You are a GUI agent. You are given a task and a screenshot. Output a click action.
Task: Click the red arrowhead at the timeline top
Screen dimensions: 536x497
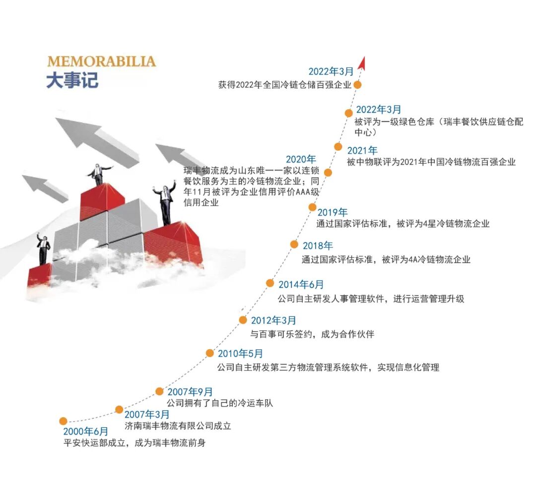pyautogui.click(x=362, y=62)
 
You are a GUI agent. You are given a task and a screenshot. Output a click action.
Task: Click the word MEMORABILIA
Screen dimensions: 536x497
pyautogui.click(x=101, y=62)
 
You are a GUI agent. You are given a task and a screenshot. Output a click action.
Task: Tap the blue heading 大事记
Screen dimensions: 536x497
pyautogui.click(x=72, y=80)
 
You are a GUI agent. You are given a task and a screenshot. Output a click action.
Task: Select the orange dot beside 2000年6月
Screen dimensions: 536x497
pyautogui.click(x=63, y=421)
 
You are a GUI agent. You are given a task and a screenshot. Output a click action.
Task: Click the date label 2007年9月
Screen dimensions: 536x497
pyautogui.click(x=190, y=392)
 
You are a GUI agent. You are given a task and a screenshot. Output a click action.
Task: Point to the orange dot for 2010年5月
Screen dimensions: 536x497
pyautogui.click(x=210, y=353)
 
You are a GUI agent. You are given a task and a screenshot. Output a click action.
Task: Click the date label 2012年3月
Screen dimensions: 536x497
pyautogui.click(x=273, y=320)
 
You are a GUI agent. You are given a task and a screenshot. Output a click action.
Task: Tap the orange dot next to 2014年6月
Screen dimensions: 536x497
pyautogui.click(x=270, y=283)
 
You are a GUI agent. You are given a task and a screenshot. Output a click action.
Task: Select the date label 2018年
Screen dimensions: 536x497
pyautogui.click(x=318, y=246)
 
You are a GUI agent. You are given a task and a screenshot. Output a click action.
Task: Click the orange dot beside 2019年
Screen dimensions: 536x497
pyautogui.click(x=312, y=207)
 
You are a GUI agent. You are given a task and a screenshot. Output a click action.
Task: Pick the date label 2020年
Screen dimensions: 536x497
pyautogui.click(x=301, y=160)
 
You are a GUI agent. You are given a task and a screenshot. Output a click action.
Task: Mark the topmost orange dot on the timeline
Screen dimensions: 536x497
pyautogui.click(x=357, y=84)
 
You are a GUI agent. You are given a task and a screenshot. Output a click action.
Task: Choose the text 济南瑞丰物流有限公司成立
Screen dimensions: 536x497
pyautogui.click(x=178, y=426)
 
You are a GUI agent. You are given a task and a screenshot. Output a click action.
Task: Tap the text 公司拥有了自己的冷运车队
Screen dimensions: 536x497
pyautogui.click(x=220, y=403)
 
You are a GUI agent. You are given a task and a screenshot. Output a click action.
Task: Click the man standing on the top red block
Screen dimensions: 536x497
pyautogui.click(x=99, y=174)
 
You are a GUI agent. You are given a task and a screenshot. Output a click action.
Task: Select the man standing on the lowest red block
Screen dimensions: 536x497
pyautogui.click(x=44, y=248)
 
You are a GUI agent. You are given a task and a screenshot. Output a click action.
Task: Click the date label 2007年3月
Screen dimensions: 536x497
pyautogui.click(x=147, y=414)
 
